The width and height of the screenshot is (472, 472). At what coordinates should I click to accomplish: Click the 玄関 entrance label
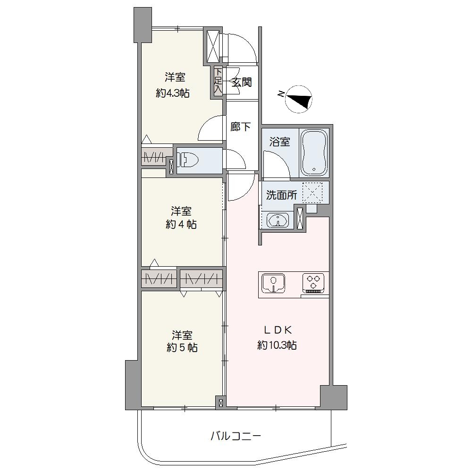pos(241,82)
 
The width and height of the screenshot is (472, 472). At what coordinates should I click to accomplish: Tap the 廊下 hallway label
pos(241,126)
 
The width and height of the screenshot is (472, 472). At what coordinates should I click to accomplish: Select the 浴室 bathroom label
pos(279,142)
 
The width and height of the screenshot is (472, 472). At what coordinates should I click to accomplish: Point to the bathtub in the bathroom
pos(314,152)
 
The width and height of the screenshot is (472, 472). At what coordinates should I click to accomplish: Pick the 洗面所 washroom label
pos(281,195)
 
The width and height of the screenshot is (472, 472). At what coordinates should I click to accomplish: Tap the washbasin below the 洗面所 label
pos(278,220)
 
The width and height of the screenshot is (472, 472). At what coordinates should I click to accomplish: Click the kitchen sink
pos(273,283)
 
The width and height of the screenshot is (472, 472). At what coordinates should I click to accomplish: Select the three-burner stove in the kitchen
pos(313,283)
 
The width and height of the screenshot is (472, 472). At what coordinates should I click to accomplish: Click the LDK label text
pos(277,330)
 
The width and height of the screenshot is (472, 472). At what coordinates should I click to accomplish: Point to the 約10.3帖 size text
pos(277,345)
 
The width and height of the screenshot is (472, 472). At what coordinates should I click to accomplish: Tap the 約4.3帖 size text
pos(173,93)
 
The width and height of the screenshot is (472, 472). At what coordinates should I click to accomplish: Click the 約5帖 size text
pos(182,348)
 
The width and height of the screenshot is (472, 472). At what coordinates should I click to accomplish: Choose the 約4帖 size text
pos(181,224)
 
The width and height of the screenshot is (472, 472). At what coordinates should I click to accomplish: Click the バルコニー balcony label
pos(236,436)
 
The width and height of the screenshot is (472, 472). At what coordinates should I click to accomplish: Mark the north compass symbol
pos(298,99)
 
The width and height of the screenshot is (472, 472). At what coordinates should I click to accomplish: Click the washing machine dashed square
pos(312,193)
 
